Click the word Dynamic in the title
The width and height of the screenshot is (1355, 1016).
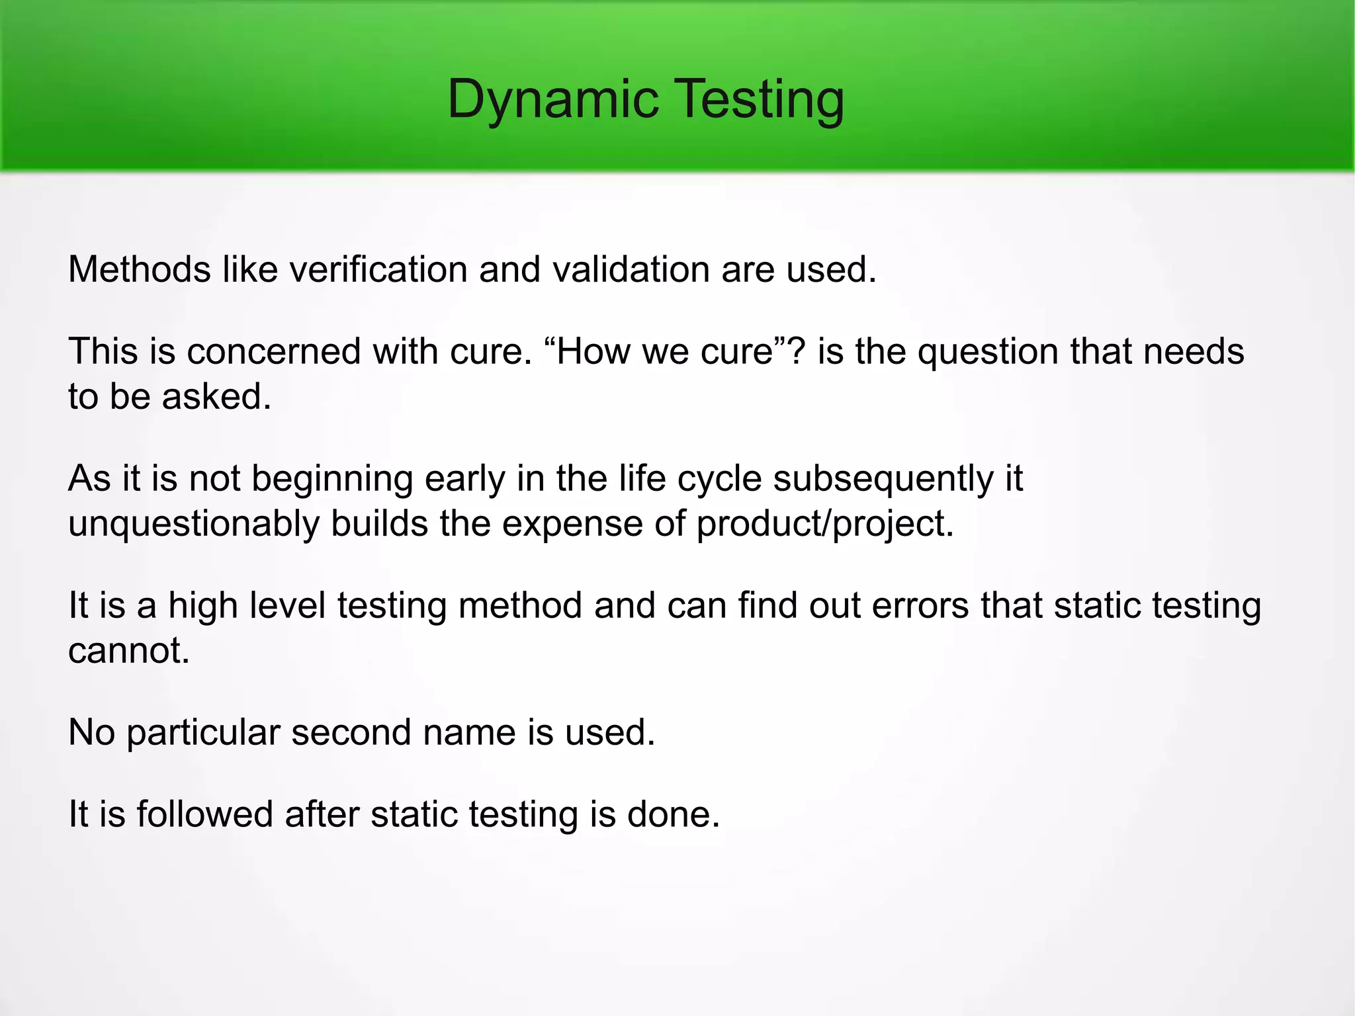pyautogui.click(x=553, y=99)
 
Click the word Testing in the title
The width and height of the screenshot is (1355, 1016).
pyautogui.click(x=761, y=99)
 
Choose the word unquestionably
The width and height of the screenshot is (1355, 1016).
pyautogui.click(x=194, y=524)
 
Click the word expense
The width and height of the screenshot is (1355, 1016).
pyautogui.click(x=572, y=524)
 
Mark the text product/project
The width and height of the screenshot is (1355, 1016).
pyautogui.click(x=824, y=524)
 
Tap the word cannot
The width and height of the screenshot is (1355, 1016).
pyautogui.click(x=128, y=651)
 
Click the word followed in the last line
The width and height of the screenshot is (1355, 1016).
pyautogui.click(x=204, y=814)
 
